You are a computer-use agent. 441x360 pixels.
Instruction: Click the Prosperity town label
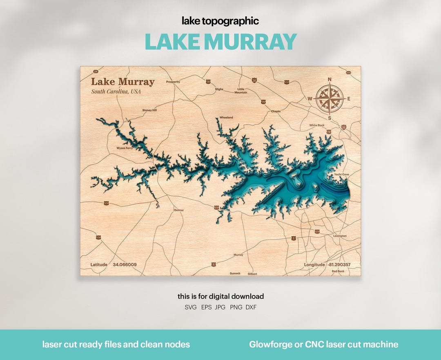click(173, 82)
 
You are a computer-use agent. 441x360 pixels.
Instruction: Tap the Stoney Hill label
click(149, 110)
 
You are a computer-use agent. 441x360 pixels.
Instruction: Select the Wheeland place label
click(226, 118)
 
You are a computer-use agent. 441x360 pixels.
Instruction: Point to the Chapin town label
click(276, 111)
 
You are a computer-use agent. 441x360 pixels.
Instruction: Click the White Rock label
click(317, 125)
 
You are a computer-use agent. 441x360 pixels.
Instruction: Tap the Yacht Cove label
click(341, 174)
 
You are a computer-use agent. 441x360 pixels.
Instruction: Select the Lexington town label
click(340, 236)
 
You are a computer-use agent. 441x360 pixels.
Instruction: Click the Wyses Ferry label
click(124, 148)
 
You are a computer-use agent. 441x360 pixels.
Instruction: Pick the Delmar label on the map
click(179, 210)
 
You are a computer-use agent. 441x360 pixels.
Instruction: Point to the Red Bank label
click(338, 271)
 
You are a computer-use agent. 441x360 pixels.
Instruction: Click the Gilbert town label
click(252, 274)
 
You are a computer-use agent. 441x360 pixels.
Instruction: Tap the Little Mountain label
click(241, 91)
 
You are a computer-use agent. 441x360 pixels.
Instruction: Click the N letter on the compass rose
click(330, 79)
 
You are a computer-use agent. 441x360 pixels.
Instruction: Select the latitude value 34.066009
click(125, 265)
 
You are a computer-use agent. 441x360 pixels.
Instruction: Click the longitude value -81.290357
click(339, 265)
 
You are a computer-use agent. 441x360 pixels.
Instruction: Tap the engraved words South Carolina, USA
click(116, 92)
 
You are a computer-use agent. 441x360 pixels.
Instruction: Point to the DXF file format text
click(251, 307)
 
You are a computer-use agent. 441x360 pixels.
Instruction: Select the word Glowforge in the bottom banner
click(269, 344)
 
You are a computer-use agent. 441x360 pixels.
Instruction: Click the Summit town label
click(235, 273)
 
